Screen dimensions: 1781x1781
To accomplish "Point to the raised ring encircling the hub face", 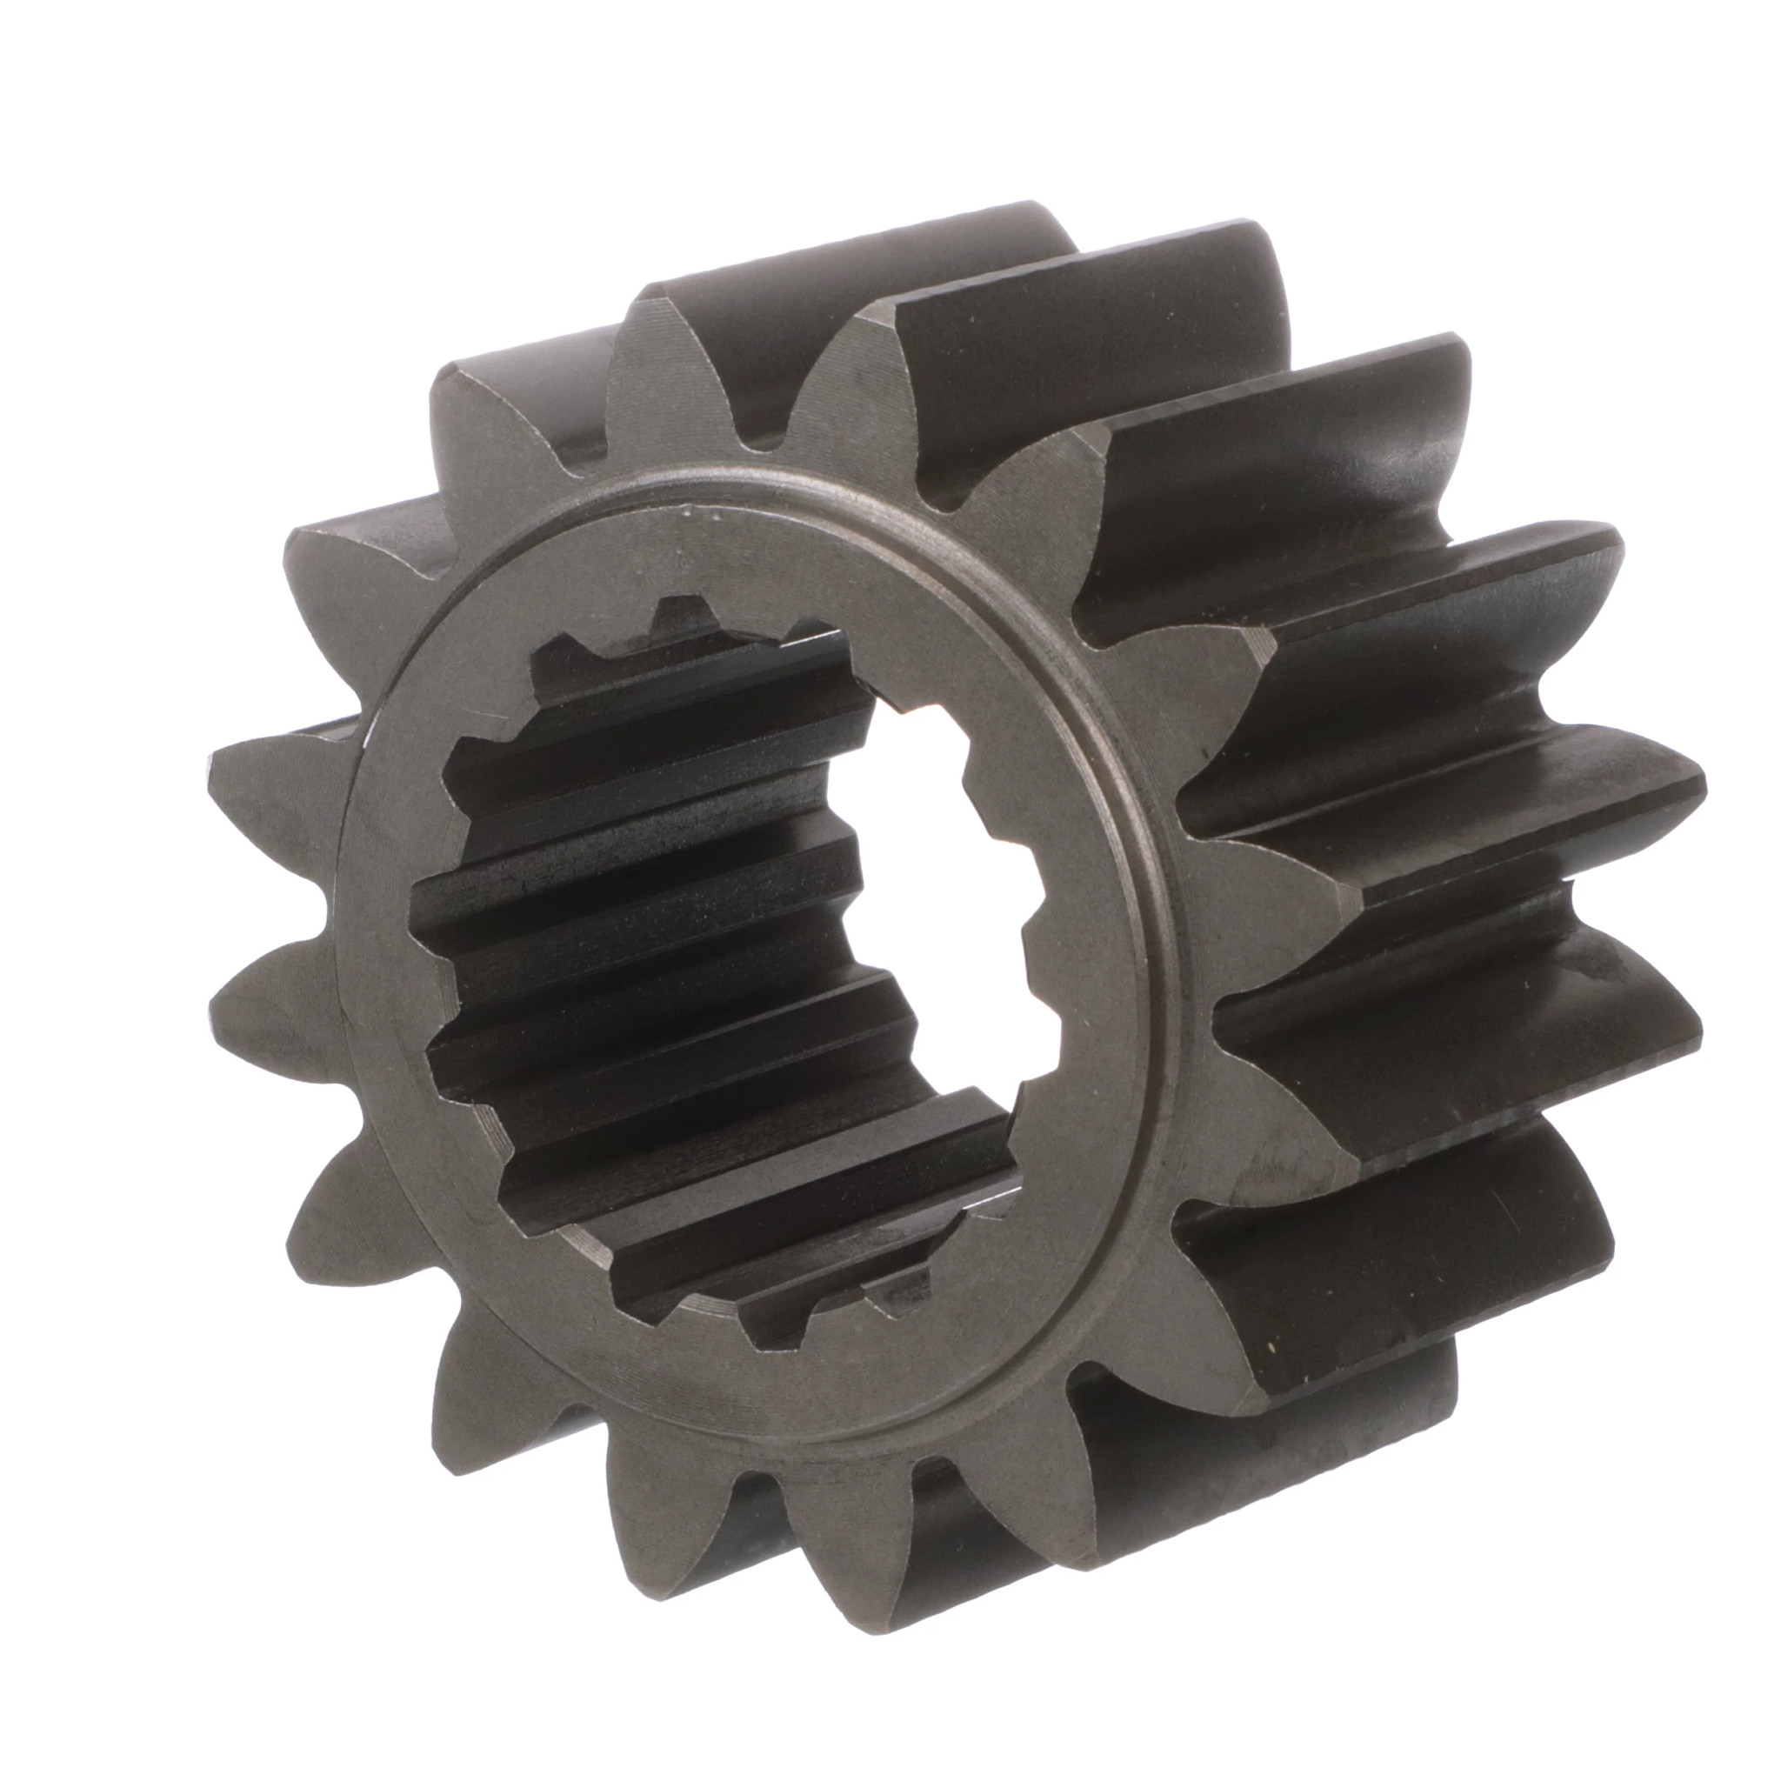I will (x=1157, y=922).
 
